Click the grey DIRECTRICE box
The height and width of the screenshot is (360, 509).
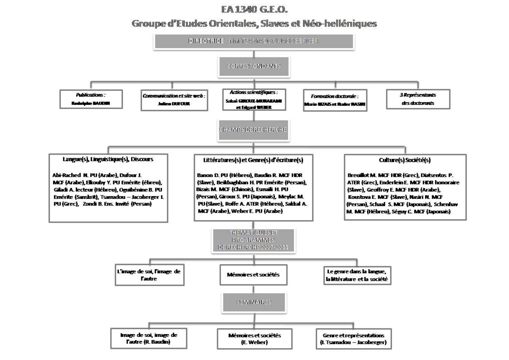pyautogui.click(x=254, y=41)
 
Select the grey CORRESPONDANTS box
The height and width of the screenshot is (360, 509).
pyautogui.click(x=254, y=66)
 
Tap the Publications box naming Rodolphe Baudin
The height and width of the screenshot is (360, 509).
pyautogui.click(x=91, y=99)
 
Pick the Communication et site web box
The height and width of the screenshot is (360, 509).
pyautogui.click(x=174, y=100)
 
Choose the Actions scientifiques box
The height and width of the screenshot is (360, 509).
pyautogui.click(x=254, y=100)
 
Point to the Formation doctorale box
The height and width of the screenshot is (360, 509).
pyautogui.click(x=335, y=100)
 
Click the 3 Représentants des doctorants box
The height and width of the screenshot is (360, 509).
pyautogui.click(x=418, y=99)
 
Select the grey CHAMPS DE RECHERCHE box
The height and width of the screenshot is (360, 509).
pyautogui.click(x=253, y=130)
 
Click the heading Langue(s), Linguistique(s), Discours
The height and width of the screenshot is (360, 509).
pyautogui.click(x=108, y=159)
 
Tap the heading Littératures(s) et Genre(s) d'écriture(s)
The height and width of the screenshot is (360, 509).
pyautogui.click(x=253, y=160)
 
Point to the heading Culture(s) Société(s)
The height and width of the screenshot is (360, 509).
pyautogui.click(x=405, y=160)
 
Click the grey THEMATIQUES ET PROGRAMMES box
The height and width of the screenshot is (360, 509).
pyautogui.click(x=253, y=240)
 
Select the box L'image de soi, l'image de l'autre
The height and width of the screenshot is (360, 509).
pyautogui.click(x=149, y=275)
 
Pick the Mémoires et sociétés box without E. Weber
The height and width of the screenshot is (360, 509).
pyautogui.click(x=253, y=274)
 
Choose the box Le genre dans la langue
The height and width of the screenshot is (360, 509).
pyautogui.click(x=357, y=275)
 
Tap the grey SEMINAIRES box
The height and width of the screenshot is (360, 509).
pyautogui.click(x=254, y=302)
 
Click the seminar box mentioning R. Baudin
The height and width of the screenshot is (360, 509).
pyautogui.click(x=149, y=338)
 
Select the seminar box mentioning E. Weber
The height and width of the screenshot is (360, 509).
pyautogui.click(x=254, y=339)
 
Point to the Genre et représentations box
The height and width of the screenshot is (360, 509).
pyautogui.click(x=353, y=339)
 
